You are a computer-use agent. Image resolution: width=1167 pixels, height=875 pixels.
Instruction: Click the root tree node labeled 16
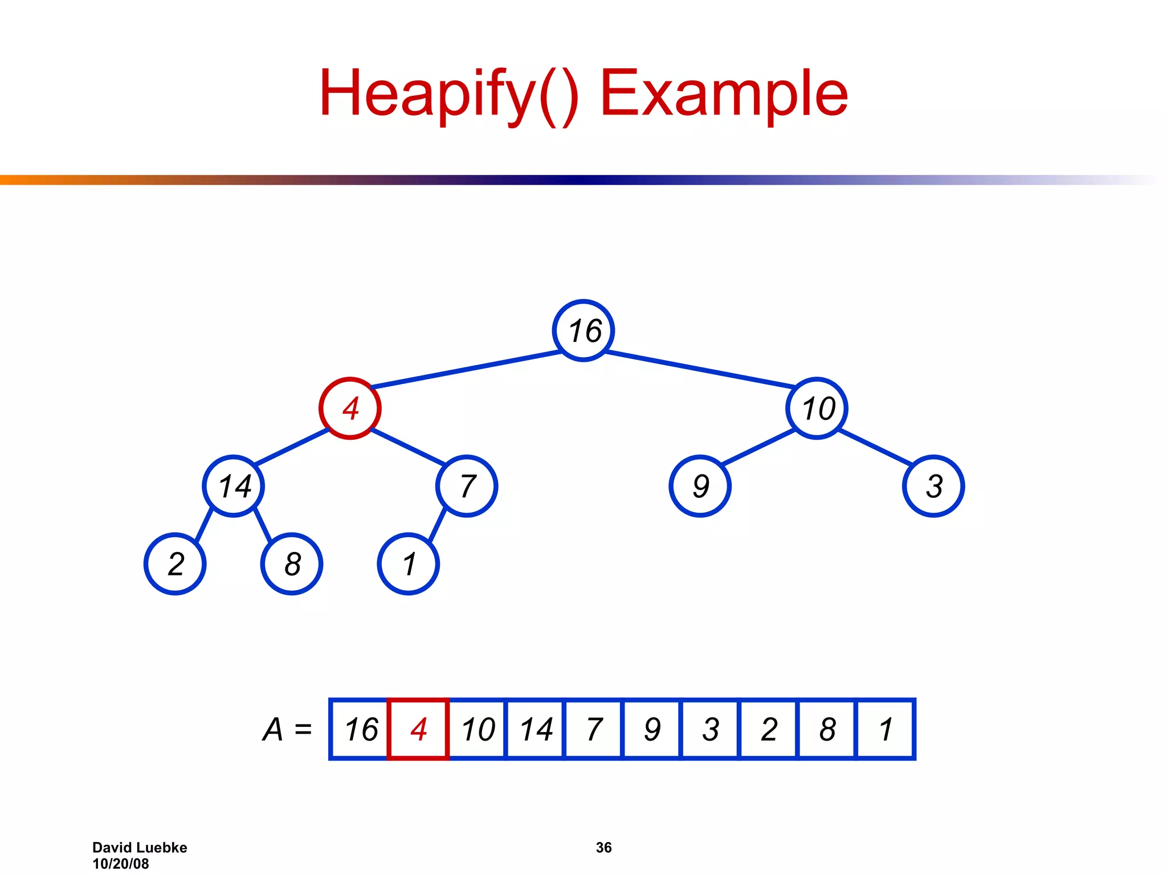point(583,330)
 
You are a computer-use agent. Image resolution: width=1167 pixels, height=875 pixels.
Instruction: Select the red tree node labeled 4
point(350,408)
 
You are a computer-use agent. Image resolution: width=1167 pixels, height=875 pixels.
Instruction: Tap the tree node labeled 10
point(817,408)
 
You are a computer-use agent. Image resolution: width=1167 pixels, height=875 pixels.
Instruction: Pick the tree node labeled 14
point(234,486)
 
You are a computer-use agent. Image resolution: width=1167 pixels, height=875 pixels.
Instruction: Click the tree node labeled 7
point(467,486)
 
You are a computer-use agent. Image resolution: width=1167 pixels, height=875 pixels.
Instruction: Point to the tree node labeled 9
point(700,486)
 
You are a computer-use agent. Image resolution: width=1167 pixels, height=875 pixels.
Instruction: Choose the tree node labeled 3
point(934,486)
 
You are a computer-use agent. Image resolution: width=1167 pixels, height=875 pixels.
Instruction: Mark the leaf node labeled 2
point(175,564)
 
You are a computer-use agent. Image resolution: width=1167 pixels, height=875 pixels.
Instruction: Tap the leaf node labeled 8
point(292,564)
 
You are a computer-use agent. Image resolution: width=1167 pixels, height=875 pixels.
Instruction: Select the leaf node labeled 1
point(409,564)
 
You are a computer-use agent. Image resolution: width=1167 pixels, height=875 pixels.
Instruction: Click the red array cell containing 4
point(418,729)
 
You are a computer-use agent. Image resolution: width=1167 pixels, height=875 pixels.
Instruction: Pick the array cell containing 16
point(360,729)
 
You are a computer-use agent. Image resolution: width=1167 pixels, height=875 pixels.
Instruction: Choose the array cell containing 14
point(536,729)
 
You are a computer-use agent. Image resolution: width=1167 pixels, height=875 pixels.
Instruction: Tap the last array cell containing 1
point(886,729)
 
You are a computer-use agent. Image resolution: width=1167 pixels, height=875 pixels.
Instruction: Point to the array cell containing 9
point(652,729)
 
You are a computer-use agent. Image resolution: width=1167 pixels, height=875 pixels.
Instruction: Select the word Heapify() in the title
point(449,94)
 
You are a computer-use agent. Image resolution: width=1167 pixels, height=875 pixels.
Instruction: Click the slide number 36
point(603,848)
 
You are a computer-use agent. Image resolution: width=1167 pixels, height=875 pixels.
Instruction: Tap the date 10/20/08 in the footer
point(121,864)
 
